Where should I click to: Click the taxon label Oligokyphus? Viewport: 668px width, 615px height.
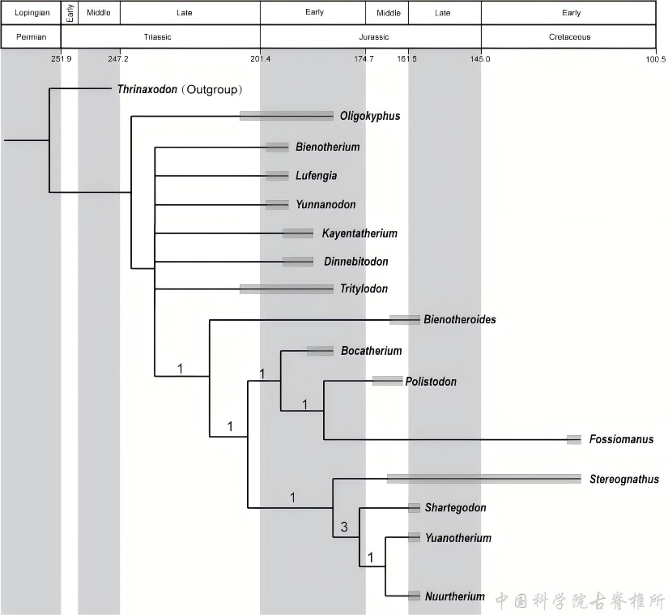[370, 116]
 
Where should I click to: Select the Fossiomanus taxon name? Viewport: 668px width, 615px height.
[621, 439]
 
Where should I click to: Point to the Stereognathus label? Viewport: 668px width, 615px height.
[624, 479]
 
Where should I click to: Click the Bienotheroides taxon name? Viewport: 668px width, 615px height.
[459, 319]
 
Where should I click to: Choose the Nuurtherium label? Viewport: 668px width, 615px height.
[454, 596]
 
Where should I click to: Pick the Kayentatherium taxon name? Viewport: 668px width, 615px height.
[360, 233]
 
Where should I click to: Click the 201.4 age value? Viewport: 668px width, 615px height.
[260, 58]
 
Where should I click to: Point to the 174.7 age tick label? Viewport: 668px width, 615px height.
[364, 58]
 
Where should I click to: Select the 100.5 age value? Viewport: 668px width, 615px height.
[656, 58]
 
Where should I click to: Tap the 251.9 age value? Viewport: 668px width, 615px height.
[62, 58]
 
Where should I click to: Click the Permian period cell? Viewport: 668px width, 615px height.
[31, 36]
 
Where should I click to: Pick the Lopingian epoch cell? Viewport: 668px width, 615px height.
[31, 13]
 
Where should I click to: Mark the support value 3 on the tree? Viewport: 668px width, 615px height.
[344, 527]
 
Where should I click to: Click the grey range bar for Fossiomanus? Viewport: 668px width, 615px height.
[574, 439]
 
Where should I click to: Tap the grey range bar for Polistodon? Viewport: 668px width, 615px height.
[387, 381]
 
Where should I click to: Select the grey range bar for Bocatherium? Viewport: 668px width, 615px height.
[320, 351]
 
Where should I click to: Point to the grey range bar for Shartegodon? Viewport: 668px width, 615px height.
[414, 508]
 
